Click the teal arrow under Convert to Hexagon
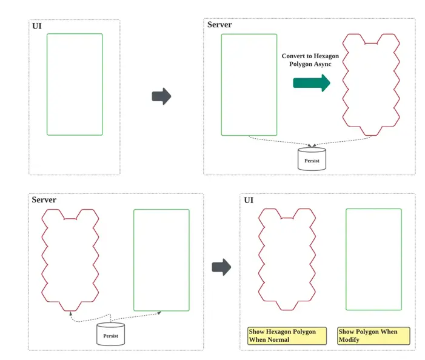click(x=312, y=83)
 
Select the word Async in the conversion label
click(x=323, y=64)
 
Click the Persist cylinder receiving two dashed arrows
click(x=312, y=159)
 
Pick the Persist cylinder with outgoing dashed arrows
click(x=110, y=334)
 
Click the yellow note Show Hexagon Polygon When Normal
click(x=287, y=336)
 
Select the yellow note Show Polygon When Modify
click(x=373, y=336)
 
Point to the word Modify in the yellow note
click(x=349, y=339)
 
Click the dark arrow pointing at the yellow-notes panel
click(x=221, y=267)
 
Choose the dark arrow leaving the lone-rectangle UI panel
click(x=161, y=96)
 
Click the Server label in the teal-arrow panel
click(x=219, y=25)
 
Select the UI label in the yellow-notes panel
click(x=249, y=200)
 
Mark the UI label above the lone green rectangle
click(x=37, y=26)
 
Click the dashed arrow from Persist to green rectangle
click(x=136, y=316)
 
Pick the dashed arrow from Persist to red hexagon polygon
click(x=90, y=319)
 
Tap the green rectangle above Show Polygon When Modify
click(x=346, y=259)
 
